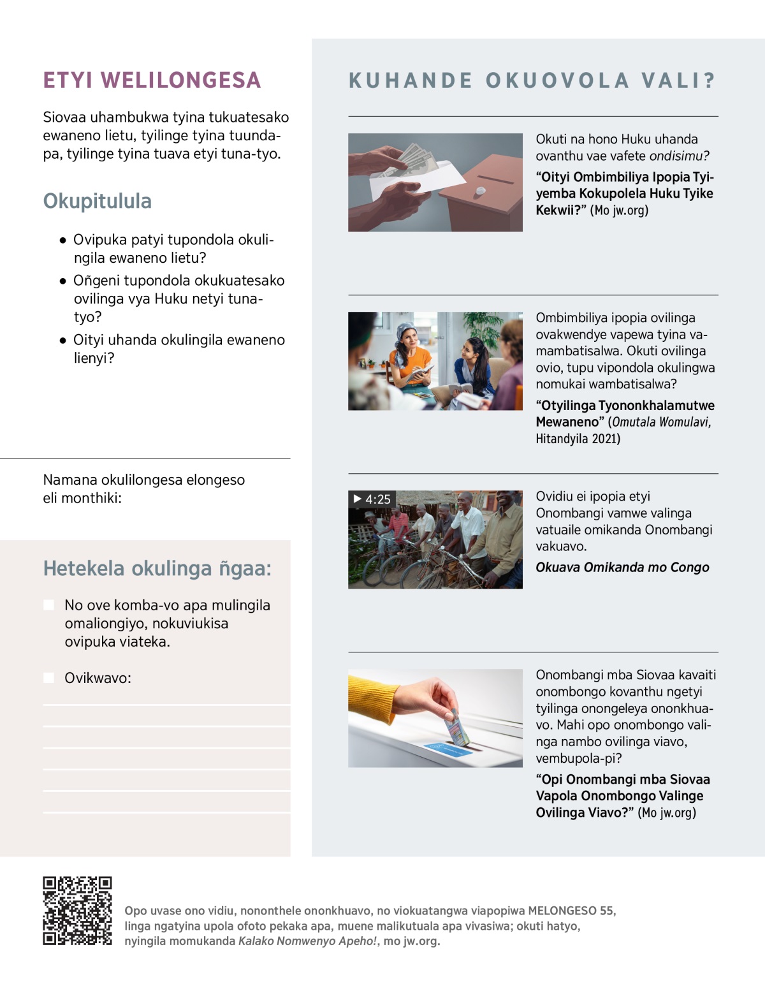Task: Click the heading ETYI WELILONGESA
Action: point(152,80)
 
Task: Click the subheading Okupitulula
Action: point(97,201)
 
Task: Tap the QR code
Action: point(77,910)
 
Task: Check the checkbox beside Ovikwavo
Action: point(48,677)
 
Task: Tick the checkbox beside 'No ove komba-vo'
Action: point(48,605)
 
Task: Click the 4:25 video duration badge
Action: point(372,499)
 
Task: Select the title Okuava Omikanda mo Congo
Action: point(622,568)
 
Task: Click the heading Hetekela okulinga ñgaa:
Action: point(157,568)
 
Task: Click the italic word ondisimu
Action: point(679,156)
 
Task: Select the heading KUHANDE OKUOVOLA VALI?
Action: point(532,81)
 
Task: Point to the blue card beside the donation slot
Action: point(449,748)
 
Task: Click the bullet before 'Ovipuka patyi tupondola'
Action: point(62,240)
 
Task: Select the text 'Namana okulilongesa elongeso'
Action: point(143,480)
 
